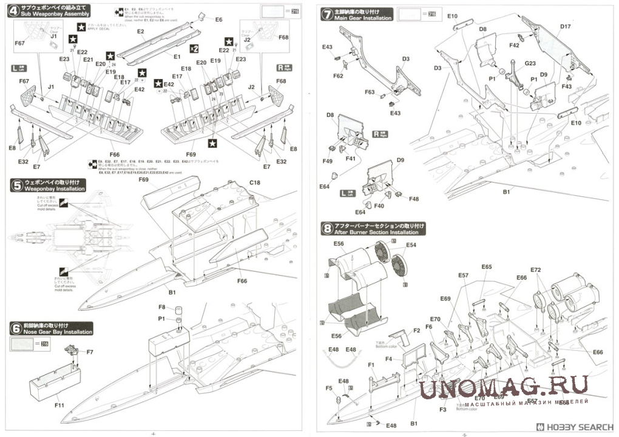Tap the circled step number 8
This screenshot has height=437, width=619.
pyautogui.click(x=327, y=229)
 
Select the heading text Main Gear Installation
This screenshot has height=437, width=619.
pyautogui.click(x=363, y=18)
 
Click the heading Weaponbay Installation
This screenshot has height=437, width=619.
pyautogui.click(x=55, y=190)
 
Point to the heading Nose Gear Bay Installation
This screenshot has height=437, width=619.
pyautogui.click(x=59, y=332)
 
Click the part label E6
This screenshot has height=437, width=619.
pyautogui.click(x=218, y=19)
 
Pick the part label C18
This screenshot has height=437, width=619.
pyautogui.click(x=255, y=182)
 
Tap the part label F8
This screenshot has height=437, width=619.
pyautogui.click(x=162, y=308)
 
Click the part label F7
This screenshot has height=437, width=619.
pyautogui.click(x=90, y=352)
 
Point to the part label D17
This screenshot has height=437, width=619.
pyautogui.click(x=566, y=27)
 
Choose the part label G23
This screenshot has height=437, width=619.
pyautogui.click(x=530, y=63)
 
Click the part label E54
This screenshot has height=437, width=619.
pyautogui.click(x=411, y=245)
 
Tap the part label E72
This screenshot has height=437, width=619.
pyautogui.click(x=535, y=269)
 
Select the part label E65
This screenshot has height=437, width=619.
pyautogui.click(x=487, y=267)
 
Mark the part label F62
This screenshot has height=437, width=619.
pyautogui.click(x=338, y=76)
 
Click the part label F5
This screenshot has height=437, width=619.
pyautogui.click(x=328, y=388)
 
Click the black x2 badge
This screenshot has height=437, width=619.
pyautogui.click(x=194, y=48)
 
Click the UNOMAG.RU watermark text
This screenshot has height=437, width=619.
pyautogui.click(x=504, y=387)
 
